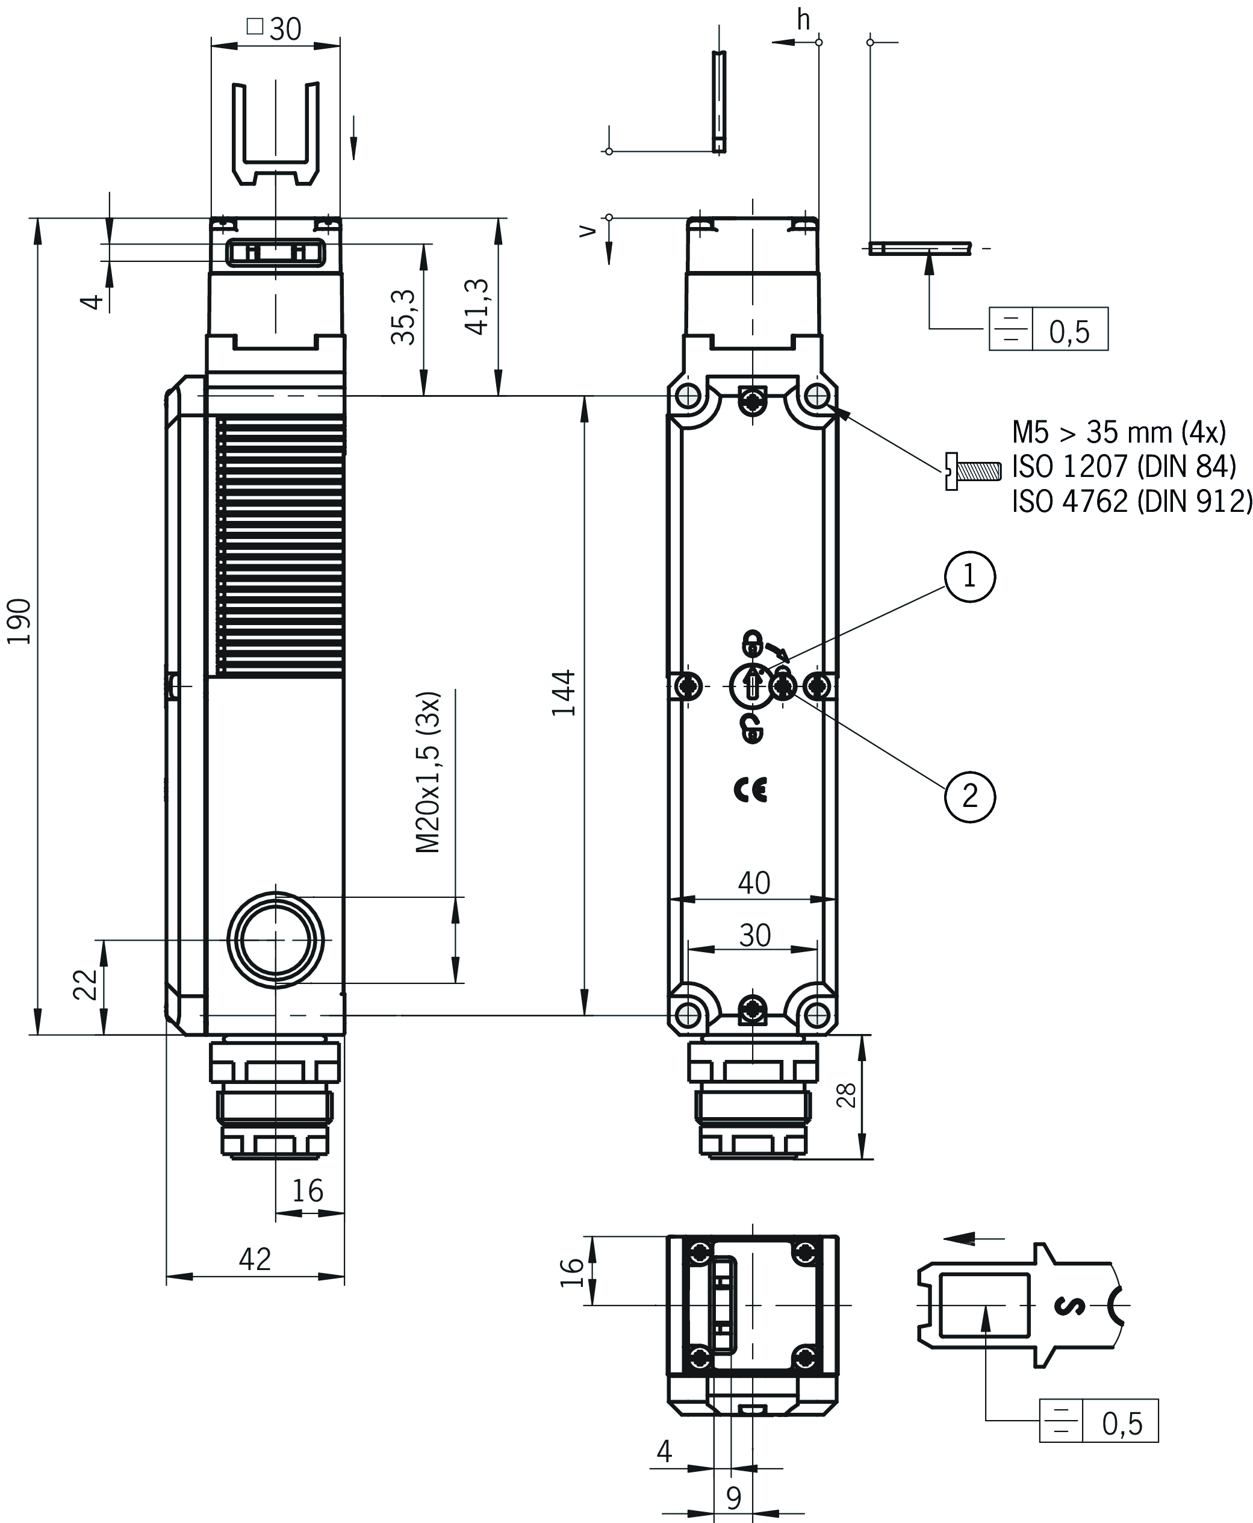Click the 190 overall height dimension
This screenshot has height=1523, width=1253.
pos(19,621)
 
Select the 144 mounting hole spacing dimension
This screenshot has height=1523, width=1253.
pos(564,693)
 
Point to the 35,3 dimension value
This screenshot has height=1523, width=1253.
pos(404,317)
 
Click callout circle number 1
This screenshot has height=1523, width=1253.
pos(969,577)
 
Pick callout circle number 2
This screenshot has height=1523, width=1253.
pos(969,796)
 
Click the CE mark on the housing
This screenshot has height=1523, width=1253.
pos(751,790)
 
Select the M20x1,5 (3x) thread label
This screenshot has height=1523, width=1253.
pos(428,772)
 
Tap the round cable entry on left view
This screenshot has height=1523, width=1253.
pos(275,941)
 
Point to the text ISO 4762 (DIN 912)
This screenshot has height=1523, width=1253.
pos(1131,501)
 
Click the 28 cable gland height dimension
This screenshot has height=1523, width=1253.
pos(847,1095)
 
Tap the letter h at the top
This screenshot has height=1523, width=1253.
pos(803,21)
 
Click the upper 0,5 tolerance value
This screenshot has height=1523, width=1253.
pos(1069,331)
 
